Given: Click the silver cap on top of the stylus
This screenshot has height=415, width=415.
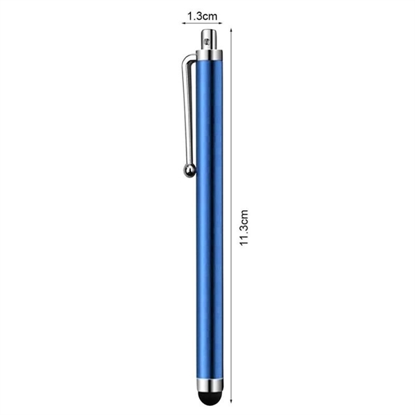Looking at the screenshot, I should coord(208,37).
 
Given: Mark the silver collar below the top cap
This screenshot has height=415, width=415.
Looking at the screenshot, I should coord(208,53).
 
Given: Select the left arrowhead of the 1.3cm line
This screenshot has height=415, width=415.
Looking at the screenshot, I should coord(184,22).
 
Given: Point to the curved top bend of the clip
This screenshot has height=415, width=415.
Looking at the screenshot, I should coord(188,61).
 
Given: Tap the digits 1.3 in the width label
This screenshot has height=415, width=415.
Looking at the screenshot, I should coord(194,13).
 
